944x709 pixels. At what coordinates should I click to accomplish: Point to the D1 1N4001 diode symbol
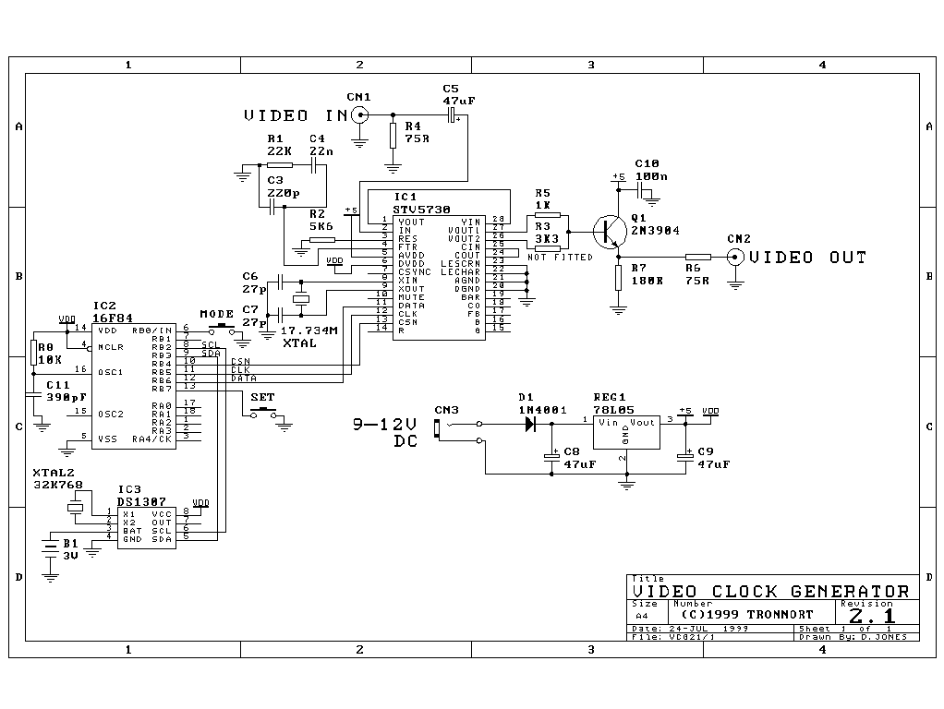pos(530,424)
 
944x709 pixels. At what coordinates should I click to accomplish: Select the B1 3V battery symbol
pos(50,547)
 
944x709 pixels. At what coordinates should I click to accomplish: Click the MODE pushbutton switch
pos(222,329)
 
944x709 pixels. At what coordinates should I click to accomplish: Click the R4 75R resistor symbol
pos(393,135)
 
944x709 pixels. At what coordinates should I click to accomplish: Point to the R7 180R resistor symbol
pos(618,275)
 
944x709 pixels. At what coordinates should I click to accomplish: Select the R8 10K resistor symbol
pos(33,352)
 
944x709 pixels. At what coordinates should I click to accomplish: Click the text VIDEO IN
pos(290,115)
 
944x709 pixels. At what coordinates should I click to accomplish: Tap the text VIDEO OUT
pos(808,258)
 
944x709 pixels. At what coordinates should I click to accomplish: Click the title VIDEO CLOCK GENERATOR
pos(770,591)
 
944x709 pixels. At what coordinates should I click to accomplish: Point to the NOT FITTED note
pos(560,258)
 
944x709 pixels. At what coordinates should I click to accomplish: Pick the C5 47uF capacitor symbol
pos(452,114)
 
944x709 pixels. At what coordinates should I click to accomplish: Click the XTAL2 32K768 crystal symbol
pos(75,507)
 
